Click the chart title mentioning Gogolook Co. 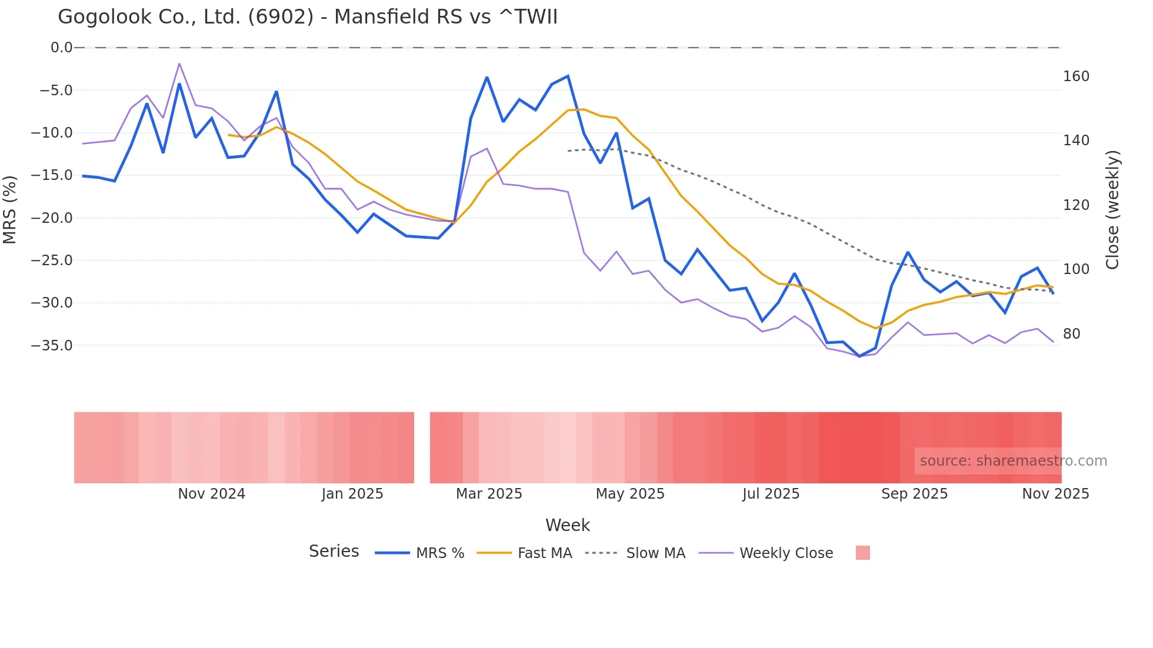click(307, 17)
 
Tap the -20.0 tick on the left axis click(51, 218)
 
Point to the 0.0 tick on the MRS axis click(61, 48)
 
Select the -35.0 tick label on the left click(51, 346)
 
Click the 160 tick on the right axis click(1076, 76)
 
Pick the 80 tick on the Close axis click(1072, 334)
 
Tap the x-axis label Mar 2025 click(489, 494)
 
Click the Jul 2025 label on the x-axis click(771, 494)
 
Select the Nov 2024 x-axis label click(211, 494)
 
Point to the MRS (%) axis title click(10, 209)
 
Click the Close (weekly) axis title click(1112, 210)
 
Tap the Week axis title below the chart click(567, 525)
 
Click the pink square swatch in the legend click(862, 553)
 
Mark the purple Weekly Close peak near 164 click(179, 64)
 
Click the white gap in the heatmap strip click(422, 447)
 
